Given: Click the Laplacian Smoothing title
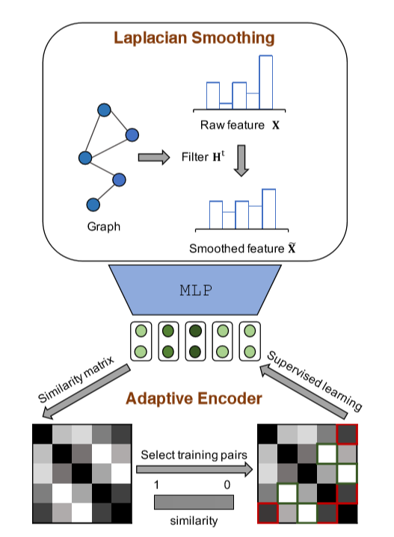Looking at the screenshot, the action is point(194,37).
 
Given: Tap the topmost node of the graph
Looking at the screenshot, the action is point(104,110).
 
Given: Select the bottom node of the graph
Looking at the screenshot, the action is point(93,205).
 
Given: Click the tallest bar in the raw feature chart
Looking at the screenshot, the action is point(266,82).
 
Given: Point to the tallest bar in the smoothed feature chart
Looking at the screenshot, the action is point(269,208).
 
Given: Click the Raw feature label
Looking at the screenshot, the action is point(239,125).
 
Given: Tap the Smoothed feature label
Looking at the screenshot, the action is point(242,248).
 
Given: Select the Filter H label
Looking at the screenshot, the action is point(203,157).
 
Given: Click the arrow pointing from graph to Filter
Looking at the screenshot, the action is point(153,157).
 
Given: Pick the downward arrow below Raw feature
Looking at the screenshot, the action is point(241,161).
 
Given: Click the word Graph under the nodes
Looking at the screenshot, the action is point(104,227).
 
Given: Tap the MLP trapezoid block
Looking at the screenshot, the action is point(195,290).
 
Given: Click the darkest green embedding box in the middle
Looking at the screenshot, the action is point(195,341).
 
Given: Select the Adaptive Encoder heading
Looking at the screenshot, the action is point(194,398).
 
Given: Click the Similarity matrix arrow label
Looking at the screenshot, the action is point(76,379).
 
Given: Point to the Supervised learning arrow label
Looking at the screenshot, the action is point(315,380).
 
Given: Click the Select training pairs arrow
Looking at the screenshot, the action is point(194,469).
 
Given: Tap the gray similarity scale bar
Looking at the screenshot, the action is point(194,502).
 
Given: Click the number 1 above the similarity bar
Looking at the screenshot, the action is point(156,485).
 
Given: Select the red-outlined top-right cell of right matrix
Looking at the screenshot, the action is point(347,434).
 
